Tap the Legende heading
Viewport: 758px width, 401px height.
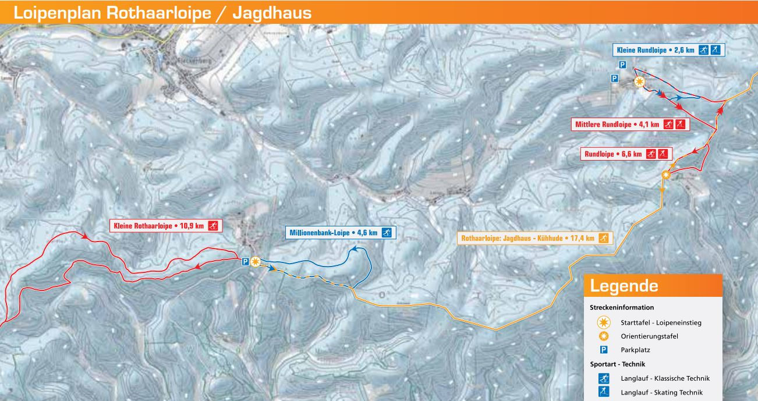(x=624, y=286)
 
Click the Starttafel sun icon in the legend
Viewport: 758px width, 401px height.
(x=604, y=322)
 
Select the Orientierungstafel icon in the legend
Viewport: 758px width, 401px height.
(x=604, y=336)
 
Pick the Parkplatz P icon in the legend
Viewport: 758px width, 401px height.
(x=604, y=350)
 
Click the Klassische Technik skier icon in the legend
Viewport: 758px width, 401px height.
(x=604, y=378)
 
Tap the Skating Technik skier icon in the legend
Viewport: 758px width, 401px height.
(x=604, y=392)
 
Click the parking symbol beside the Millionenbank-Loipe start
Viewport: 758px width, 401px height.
(x=246, y=262)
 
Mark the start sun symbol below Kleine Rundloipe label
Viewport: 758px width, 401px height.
(x=639, y=82)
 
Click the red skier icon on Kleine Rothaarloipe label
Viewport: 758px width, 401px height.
(x=213, y=226)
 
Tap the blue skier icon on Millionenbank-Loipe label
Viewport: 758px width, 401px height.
(x=385, y=233)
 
